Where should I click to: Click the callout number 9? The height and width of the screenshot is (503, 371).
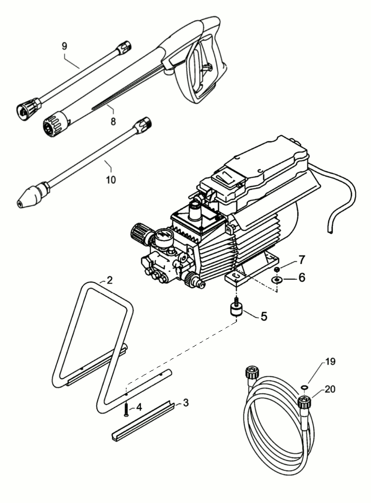point(65,46)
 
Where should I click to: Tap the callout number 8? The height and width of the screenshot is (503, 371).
point(113,121)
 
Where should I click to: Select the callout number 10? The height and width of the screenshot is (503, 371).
point(110,180)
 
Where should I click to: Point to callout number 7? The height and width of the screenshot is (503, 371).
point(302,260)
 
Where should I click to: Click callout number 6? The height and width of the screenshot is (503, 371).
point(302,278)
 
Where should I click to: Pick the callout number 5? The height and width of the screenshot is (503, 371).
point(263,316)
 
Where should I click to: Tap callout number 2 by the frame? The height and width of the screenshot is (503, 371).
point(110,280)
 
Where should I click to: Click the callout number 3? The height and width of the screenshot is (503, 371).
point(185,402)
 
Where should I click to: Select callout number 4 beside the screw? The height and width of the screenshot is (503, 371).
point(139,407)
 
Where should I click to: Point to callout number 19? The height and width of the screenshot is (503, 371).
point(330,362)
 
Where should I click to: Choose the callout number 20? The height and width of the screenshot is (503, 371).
point(330,389)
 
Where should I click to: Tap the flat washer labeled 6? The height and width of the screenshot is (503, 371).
point(277,279)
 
